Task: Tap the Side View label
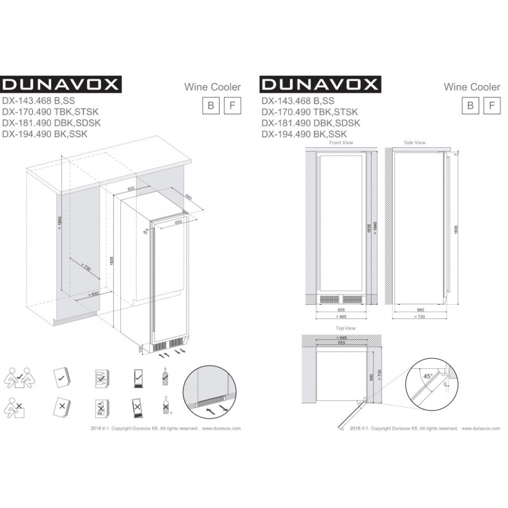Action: coord(415,142)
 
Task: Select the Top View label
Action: coord(346,328)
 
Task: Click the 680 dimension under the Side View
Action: coord(421,310)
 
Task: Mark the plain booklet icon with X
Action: coord(61,406)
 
